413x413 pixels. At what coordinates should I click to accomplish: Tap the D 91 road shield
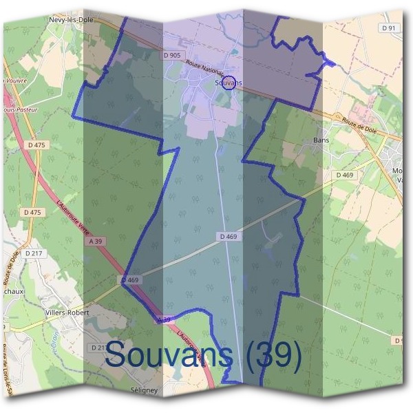click(390, 28)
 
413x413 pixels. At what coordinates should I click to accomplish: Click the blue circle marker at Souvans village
click(230, 82)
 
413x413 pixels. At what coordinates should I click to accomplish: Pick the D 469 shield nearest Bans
click(345, 176)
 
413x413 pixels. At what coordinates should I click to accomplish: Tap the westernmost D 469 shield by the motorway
click(130, 280)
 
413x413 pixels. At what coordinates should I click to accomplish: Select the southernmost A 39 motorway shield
click(163, 320)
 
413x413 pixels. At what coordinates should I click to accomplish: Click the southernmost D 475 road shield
click(32, 212)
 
